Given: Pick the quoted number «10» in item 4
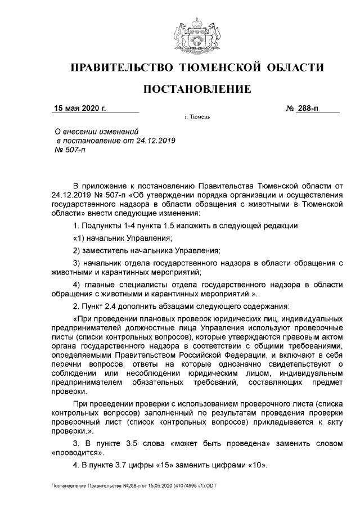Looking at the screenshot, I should (x=254, y=466).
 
